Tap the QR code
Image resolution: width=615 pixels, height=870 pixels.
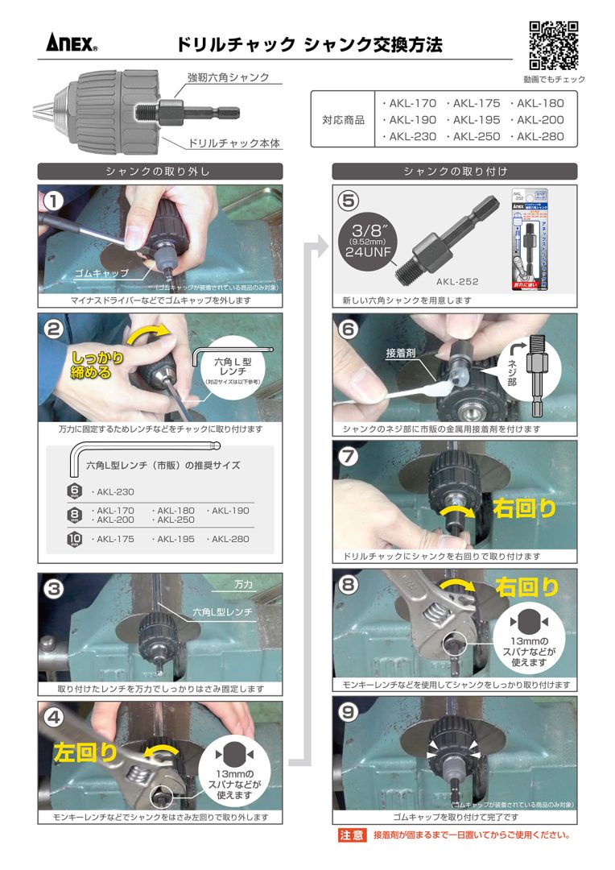[554, 44]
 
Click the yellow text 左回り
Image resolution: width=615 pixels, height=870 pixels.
[86, 752]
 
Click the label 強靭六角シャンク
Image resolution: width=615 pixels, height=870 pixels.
[228, 78]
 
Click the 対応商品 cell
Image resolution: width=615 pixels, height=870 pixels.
[344, 120]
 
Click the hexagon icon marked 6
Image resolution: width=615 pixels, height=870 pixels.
[75, 491]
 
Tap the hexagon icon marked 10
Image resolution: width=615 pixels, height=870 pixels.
[75, 539]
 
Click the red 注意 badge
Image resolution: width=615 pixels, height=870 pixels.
[352, 835]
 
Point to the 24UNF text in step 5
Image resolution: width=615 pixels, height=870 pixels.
[368, 251]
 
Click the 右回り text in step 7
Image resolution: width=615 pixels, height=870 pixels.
[525, 508]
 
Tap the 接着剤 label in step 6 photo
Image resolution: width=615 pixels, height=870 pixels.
[400, 354]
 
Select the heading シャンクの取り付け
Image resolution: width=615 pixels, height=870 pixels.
[455, 171]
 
